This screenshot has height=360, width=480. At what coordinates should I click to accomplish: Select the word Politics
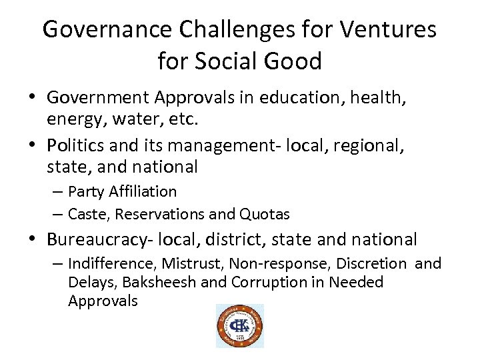[75, 145]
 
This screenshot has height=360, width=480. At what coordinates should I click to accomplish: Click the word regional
[371, 145]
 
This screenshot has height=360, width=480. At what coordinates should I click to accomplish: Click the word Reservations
[158, 215]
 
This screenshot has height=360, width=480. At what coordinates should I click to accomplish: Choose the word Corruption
[269, 282]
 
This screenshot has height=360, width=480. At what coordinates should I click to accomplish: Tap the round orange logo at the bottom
[239, 325]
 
